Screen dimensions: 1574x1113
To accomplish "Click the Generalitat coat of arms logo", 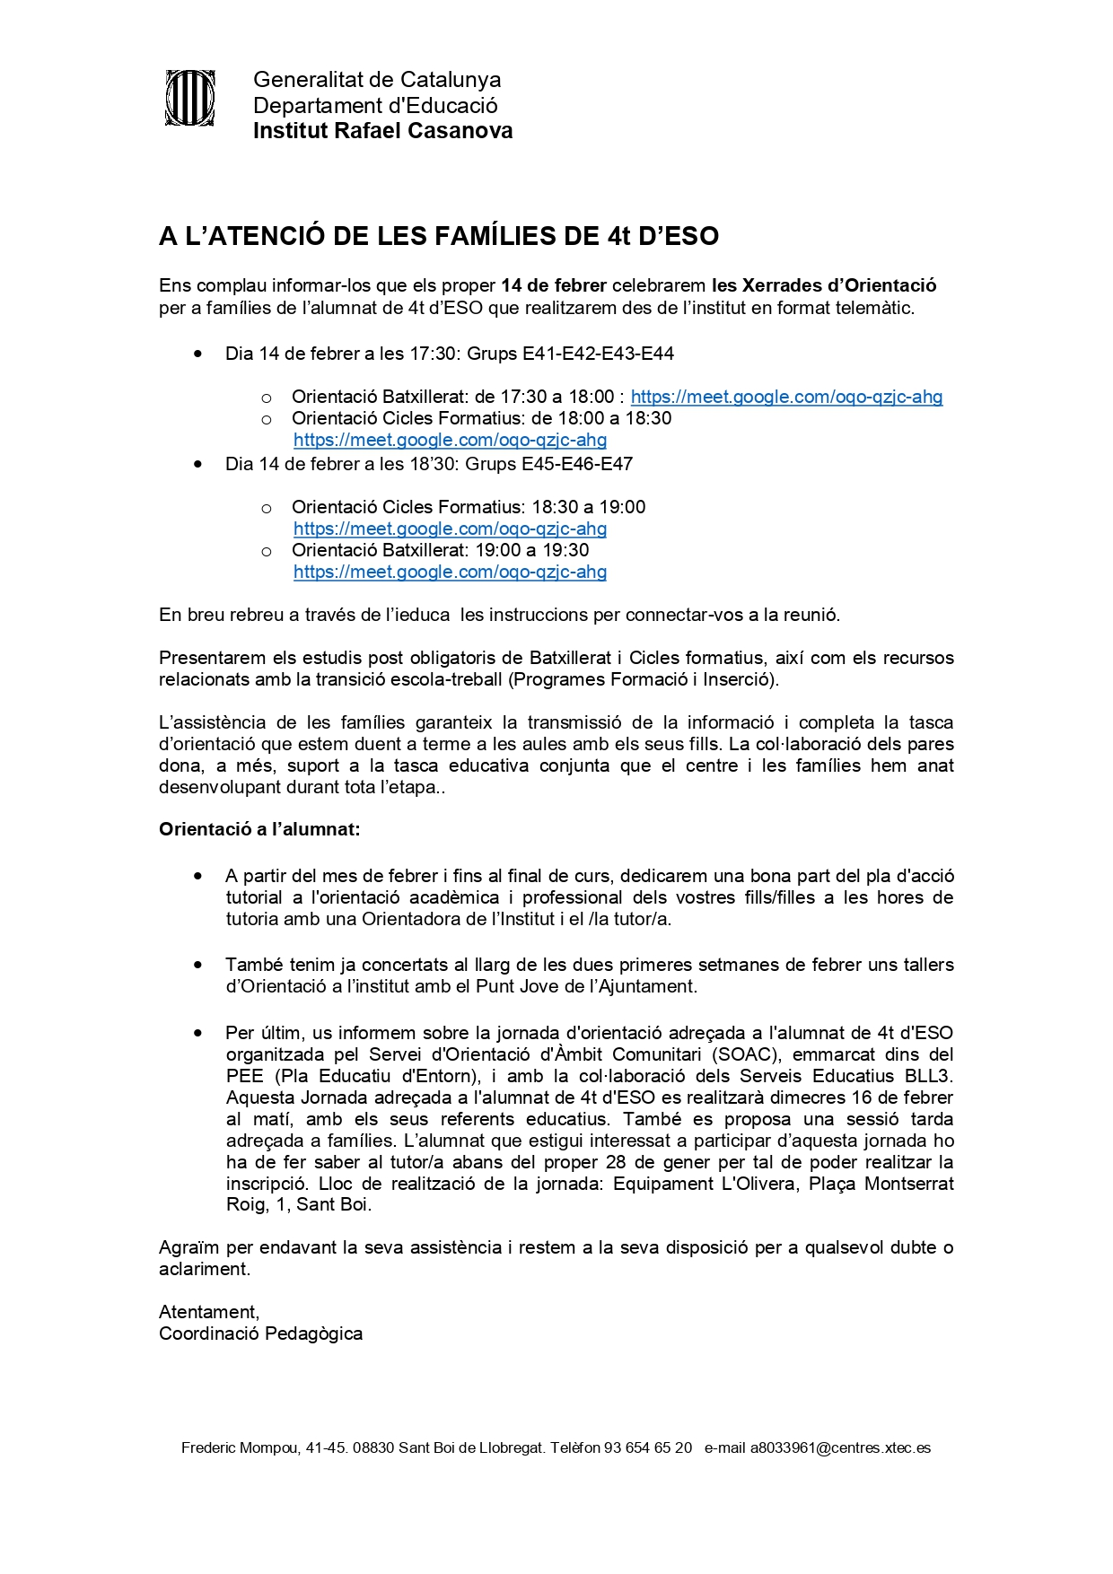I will [x=189, y=98].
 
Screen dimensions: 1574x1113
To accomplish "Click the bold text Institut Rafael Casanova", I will [x=382, y=131].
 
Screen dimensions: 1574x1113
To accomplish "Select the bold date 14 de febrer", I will [x=554, y=285].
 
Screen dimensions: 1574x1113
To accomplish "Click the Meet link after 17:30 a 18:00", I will [x=786, y=397].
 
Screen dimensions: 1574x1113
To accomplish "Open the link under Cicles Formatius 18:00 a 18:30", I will [x=450, y=440].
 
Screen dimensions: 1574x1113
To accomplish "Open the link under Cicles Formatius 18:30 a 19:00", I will [x=450, y=529].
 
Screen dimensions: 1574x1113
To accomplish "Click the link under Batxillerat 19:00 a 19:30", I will [x=450, y=572].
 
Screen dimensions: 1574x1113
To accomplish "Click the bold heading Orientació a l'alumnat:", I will [x=259, y=829].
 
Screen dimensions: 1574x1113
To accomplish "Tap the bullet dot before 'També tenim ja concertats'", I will [x=197, y=965].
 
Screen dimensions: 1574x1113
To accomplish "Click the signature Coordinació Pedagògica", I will [x=260, y=1334].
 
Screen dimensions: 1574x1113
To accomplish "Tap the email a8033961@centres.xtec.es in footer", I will [x=840, y=1447].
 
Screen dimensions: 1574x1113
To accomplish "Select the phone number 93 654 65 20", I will [x=648, y=1447].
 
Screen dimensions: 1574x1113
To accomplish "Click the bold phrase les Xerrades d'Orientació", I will [x=824, y=285].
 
